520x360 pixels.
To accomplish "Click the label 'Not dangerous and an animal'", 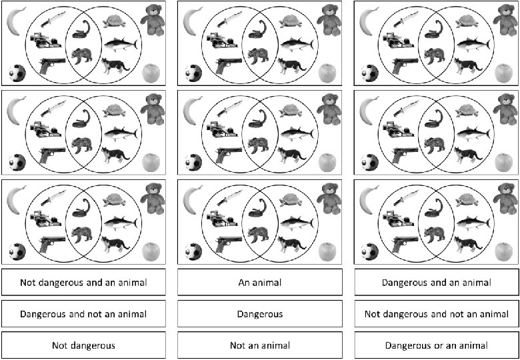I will (x=83, y=283).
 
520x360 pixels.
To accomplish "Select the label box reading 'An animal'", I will (x=260, y=283).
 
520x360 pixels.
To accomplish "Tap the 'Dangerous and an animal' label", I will (x=436, y=283).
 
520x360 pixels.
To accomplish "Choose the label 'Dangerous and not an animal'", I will (x=83, y=314).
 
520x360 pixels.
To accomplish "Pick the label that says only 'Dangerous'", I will (x=260, y=314).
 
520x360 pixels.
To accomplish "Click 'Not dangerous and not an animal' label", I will (x=436, y=314).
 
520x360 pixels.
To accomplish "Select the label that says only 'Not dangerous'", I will (x=83, y=345).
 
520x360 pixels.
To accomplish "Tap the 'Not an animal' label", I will (x=260, y=345).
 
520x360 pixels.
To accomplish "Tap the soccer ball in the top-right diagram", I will (x=369, y=73).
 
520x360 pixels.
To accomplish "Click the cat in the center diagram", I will (x=291, y=155).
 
